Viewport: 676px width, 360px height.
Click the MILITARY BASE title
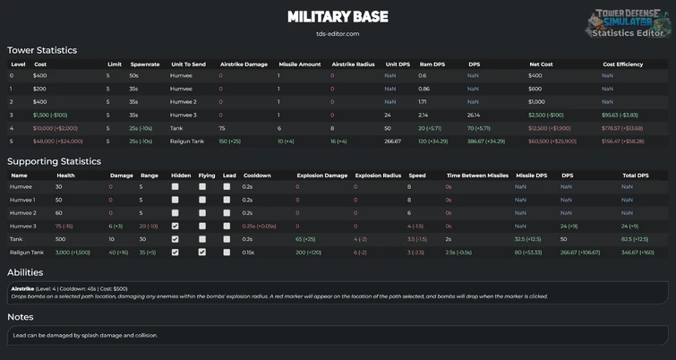(338, 17)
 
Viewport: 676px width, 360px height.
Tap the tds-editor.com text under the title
(338, 34)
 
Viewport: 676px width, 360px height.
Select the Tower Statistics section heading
(42, 50)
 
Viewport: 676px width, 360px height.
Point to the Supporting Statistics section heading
(54, 161)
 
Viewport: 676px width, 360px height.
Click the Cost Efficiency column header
(622, 64)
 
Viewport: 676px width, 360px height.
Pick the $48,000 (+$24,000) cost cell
(58, 141)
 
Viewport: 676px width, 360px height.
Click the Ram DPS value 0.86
(424, 89)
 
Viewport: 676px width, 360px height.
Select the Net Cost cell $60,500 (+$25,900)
(552, 141)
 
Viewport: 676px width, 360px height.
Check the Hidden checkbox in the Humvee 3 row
(175, 227)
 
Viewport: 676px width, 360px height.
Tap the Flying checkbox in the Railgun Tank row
(202, 253)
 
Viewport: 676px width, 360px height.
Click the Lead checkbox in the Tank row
(227, 239)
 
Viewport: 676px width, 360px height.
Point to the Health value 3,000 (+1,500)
(75, 253)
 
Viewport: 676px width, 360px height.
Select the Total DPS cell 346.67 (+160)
(637, 253)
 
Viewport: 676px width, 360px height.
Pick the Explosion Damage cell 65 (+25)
(311, 239)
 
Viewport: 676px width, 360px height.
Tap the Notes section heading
(21, 317)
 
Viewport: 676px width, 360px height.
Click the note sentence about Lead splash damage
(85, 335)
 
